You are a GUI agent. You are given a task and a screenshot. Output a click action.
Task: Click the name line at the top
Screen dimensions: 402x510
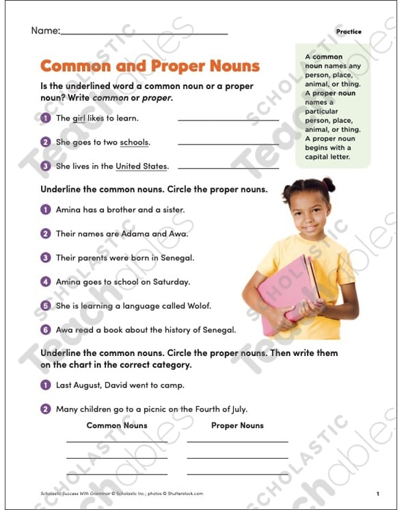coord(144,31)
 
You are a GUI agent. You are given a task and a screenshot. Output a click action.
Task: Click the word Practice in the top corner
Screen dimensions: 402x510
coord(349,31)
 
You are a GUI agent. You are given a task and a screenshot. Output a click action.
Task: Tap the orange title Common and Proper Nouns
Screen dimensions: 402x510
coord(150,66)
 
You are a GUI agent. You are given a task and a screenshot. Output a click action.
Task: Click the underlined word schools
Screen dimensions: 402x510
coord(134,142)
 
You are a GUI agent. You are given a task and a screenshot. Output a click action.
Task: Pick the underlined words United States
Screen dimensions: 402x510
coord(141,166)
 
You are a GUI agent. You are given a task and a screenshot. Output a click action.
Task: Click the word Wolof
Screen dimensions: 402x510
coord(197,305)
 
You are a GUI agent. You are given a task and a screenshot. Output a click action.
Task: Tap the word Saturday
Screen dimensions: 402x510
coord(170,281)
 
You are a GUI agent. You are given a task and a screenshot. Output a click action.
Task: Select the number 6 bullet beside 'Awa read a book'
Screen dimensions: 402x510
coord(46,329)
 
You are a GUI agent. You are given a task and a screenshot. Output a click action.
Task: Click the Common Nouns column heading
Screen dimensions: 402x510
coord(117,425)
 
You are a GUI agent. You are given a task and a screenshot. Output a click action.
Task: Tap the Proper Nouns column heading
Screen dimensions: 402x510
coord(237,425)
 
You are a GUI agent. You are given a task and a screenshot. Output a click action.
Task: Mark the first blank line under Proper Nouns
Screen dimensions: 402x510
coord(237,441)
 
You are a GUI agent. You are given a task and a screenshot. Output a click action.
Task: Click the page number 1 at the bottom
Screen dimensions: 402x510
coord(377,493)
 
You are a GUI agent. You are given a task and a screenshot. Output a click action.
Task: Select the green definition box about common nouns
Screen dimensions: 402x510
coord(333,106)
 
